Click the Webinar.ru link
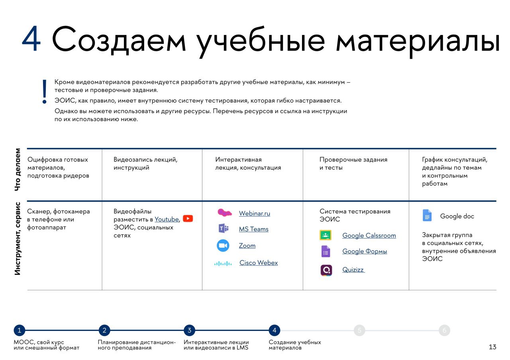254,213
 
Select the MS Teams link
254,229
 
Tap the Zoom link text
247,246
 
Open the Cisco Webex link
259,262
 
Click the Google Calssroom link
369,235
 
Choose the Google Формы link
365,251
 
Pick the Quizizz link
353,270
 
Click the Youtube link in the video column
167,219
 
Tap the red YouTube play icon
188,219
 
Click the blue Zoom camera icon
223,246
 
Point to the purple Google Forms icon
326,251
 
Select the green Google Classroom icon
326,235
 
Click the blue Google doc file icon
427,215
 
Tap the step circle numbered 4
275,330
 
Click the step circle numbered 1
20,330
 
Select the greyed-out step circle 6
444,330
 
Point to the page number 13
492,347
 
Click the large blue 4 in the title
31,38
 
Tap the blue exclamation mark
45,92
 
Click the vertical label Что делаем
18,170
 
